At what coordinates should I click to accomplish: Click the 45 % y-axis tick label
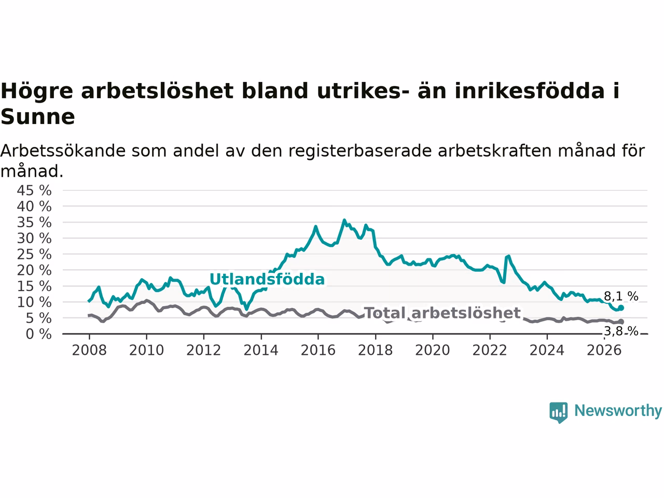tap(34, 191)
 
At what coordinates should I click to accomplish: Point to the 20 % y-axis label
tap(34, 270)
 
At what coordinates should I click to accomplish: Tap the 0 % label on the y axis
tap(38, 335)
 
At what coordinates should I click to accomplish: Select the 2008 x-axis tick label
tap(89, 351)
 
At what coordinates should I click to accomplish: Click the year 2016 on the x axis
tap(318, 351)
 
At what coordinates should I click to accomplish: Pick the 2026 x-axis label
tap(604, 351)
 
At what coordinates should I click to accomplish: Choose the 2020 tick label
tap(433, 351)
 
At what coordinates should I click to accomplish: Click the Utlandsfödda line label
tap(267, 279)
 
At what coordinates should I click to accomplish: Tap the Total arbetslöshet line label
tap(442, 313)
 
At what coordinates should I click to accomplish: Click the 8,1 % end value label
tap(621, 296)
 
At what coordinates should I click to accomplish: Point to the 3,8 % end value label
tap(621, 331)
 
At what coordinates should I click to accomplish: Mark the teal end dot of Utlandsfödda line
tap(621, 308)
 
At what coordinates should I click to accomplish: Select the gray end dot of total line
tap(621, 322)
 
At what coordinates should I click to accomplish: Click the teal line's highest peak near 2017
tap(344, 220)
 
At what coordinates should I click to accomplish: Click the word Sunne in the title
tap(38, 117)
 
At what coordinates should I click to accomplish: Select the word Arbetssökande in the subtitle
tap(63, 151)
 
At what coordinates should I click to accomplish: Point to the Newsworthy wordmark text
tap(618, 411)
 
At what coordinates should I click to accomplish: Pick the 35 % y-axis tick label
tap(34, 223)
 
